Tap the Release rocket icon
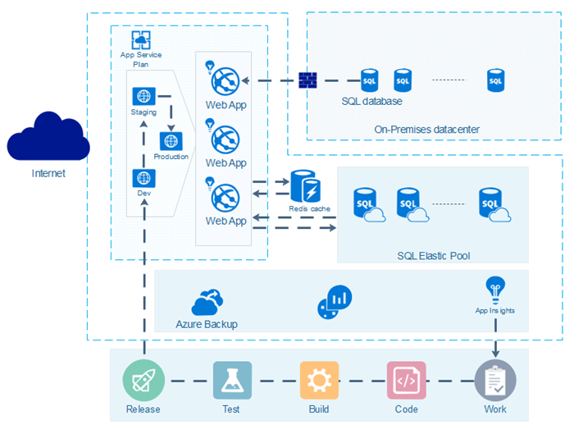[143, 381]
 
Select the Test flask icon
[232, 381]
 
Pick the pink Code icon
[406, 381]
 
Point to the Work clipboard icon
[495, 381]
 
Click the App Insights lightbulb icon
[494, 289]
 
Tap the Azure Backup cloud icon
[207, 303]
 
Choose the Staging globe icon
[143, 96]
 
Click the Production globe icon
[171, 140]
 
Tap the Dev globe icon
[143, 177]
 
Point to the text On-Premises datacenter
[426, 129]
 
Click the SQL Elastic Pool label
[433, 256]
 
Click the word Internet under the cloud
[48, 173]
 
